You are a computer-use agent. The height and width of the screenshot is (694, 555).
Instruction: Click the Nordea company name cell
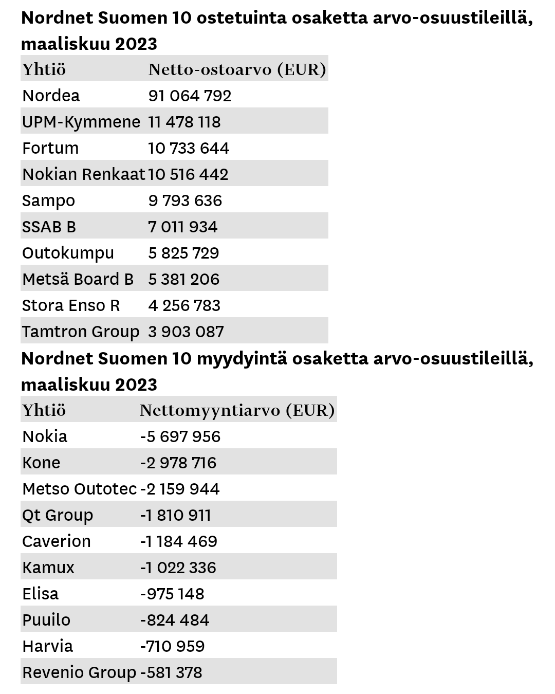coord(51,96)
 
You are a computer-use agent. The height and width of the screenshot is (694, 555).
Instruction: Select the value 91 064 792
coord(190,96)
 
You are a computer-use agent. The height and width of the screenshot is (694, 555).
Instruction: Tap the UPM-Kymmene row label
coord(81,122)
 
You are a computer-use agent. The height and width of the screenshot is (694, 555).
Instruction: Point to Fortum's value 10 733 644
coord(189,148)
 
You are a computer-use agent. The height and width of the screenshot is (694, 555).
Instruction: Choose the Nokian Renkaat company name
coord(84,174)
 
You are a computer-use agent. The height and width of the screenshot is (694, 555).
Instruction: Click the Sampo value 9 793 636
coord(185,200)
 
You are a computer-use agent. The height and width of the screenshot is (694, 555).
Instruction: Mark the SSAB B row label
coord(49,227)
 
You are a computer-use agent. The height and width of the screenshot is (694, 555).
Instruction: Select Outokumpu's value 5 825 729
coord(183,253)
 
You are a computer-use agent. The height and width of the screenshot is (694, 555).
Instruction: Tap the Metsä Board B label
coord(78,279)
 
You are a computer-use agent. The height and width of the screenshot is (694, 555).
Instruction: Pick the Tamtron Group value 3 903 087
coord(186,332)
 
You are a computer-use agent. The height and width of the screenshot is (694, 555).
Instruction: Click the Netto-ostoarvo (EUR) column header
coord(237,69)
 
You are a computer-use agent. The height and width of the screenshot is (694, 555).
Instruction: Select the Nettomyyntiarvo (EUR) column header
coord(237,410)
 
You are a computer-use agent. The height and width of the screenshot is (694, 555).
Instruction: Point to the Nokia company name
coord(45,436)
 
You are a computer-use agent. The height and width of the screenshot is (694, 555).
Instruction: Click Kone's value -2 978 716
coord(178,463)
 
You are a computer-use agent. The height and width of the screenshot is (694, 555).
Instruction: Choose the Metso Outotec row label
coord(79,489)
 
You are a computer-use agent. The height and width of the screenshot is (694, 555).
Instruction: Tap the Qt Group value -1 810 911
coord(175,515)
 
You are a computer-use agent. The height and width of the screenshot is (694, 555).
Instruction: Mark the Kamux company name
coord(48,568)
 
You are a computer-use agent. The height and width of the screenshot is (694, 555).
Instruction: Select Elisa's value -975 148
coord(172,594)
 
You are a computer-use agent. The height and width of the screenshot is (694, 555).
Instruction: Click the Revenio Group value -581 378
coord(171,672)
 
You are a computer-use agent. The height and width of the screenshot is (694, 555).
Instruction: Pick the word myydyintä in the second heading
coord(242,359)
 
